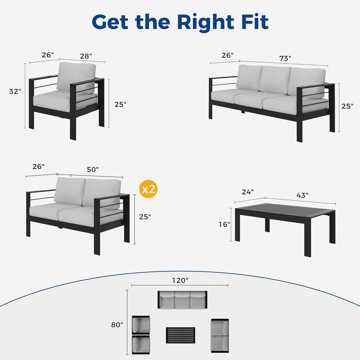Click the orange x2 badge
click(148, 189)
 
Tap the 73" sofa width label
click(285, 58)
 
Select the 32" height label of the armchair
click(15, 91)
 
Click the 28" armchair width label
click(86, 56)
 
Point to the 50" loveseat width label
click(93, 169)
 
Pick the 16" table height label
click(224, 224)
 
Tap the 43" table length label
click(302, 195)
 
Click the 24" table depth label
click(248, 192)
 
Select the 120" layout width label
click(180, 280)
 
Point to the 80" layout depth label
click(117, 325)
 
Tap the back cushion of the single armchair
click(76, 78)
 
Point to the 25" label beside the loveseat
click(145, 217)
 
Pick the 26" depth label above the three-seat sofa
click(227, 55)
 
